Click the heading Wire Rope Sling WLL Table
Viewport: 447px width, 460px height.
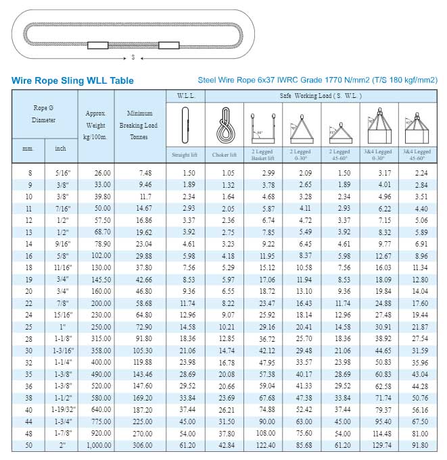pos(72,80)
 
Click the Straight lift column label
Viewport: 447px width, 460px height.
pos(185,155)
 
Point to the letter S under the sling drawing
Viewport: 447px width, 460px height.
pos(133,57)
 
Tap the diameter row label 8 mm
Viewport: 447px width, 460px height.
pos(29,173)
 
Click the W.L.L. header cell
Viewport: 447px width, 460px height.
pos(185,96)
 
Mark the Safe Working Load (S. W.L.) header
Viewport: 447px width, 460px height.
pos(321,96)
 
